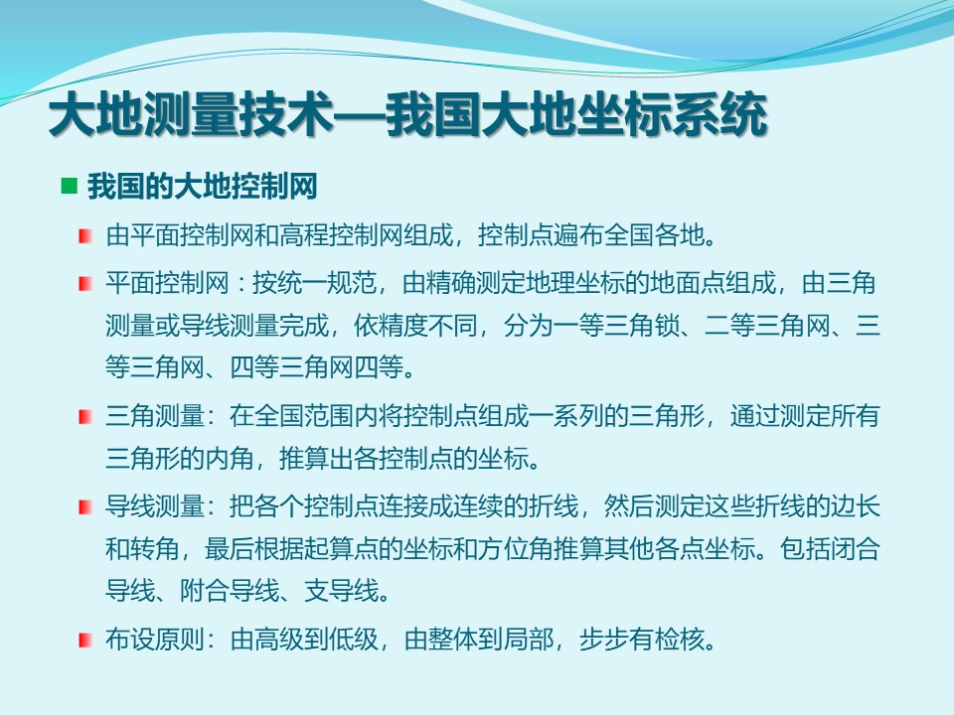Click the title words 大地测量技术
[x=191, y=114]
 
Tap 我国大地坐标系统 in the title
[x=575, y=114]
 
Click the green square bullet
[x=70, y=186]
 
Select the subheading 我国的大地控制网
[x=202, y=186]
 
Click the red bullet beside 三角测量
[x=85, y=417]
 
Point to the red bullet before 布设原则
[x=85, y=641]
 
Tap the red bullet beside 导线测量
[x=85, y=506]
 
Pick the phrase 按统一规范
[x=314, y=283]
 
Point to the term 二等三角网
[x=766, y=326]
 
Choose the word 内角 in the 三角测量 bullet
[x=229, y=458]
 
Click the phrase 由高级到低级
[x=304, y=640]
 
